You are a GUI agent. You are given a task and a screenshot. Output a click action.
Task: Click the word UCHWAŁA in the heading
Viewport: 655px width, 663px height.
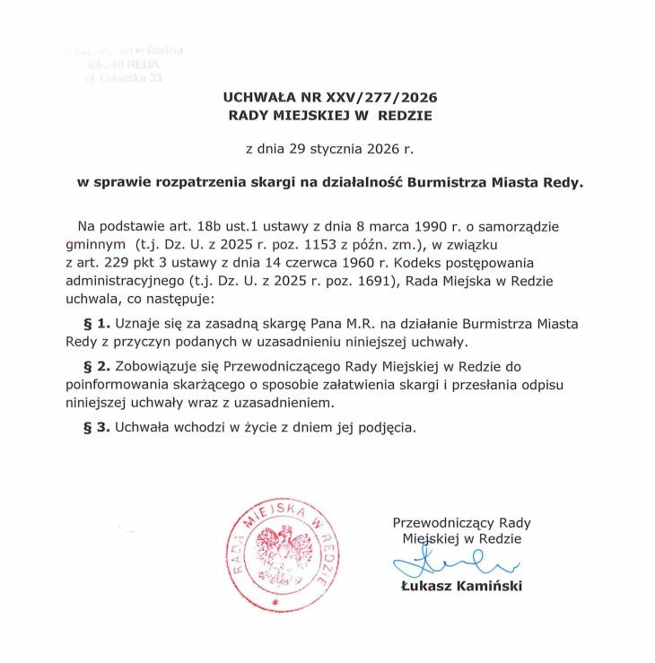258,98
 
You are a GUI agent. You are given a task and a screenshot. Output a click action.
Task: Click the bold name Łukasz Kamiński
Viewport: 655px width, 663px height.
462,586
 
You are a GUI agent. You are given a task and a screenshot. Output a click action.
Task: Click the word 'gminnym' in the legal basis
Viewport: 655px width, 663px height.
95,243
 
